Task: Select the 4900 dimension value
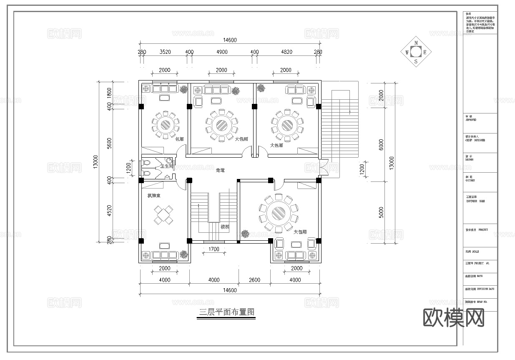click(221, 52)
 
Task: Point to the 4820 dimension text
click(286, 52)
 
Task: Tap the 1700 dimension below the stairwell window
click(214, 250)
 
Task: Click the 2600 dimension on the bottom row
click(254, 280)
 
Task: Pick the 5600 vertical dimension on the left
click(110, 143)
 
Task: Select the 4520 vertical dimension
click(110, 210)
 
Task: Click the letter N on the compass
click(416, 43)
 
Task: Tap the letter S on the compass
click(416, 61)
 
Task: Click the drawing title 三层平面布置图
click(226, 312)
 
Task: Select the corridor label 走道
click(220, 170)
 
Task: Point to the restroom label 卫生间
click(167, 166)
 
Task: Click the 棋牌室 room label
click(154, 195)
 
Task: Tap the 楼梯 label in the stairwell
click(225, 227)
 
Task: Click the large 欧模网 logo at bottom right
click(454, 318)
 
